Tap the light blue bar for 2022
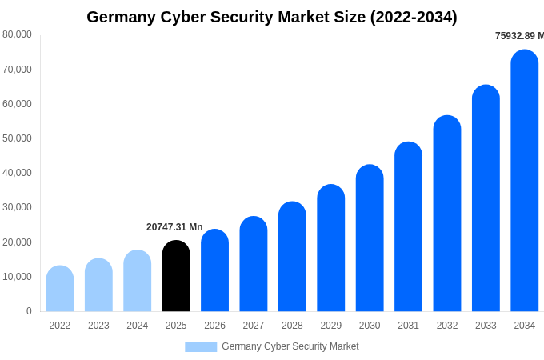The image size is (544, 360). coord(60,289)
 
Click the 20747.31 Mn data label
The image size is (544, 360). coord(174,227)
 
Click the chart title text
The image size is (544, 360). coord(272,17)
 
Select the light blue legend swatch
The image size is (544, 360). coord(201,347)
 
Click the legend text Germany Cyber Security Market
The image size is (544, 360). coord(290,346)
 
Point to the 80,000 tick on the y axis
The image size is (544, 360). coord(17,34)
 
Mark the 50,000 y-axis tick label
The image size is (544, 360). coord(17,138)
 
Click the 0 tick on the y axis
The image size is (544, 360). coord(29,311)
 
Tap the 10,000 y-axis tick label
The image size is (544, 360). coord(17,277)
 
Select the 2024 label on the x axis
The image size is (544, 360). coord(138,326)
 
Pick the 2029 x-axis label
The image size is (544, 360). coord(331,326)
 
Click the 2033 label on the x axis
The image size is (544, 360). coord(486,326)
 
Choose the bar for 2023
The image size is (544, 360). coord(98,286)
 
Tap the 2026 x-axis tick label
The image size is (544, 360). coord(214,326)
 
